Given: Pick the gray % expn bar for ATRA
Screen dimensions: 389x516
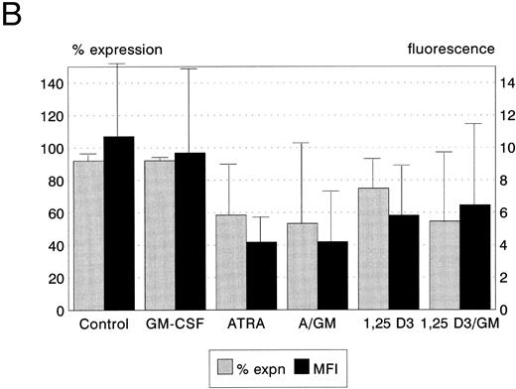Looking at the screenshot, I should [231, 262].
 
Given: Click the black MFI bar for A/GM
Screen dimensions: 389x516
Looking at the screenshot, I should [332, 275].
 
